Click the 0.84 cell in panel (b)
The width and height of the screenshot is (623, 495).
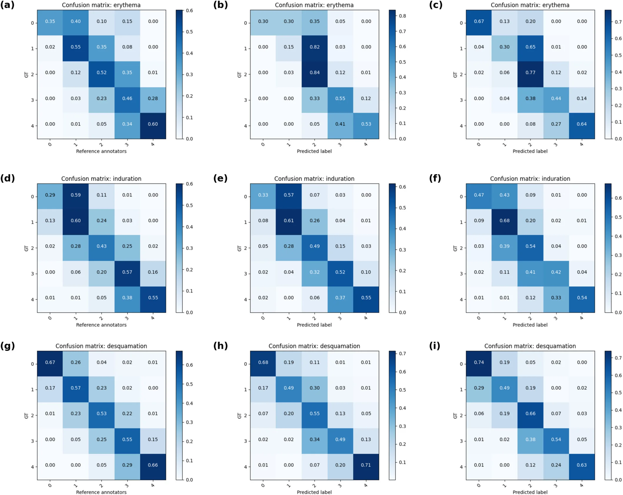click(314, 73)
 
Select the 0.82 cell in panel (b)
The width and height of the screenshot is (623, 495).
click(314, 47)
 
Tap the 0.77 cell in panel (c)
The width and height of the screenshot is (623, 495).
click(530, 73)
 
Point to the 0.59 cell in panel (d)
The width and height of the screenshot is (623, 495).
click(76, 195)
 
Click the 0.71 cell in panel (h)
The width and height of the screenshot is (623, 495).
click(366, 465)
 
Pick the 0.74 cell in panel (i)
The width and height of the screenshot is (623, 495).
click(479, 362)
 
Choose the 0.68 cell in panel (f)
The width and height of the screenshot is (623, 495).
click(504, 220)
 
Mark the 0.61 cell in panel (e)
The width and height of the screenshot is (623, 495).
click(289, 220)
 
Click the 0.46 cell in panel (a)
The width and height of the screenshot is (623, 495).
click(127, 98)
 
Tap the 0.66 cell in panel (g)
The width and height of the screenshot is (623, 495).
click(153, 465)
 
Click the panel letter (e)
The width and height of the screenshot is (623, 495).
click(220, 178)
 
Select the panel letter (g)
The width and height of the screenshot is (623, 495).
click(7, 346)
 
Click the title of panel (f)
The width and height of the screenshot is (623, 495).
click(530, 179)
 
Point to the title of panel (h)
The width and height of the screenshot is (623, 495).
click(314, 346)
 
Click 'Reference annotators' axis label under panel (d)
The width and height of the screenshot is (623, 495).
click(101, 325)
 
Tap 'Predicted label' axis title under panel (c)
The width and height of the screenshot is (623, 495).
click(530, 151)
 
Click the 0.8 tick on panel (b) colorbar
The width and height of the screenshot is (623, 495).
click(402, 16)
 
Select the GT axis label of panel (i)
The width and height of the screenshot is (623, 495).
click(455, 415)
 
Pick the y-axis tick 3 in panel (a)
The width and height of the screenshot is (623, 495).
click(33, 100)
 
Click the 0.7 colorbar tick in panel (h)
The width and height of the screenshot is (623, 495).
click(402, 354)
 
